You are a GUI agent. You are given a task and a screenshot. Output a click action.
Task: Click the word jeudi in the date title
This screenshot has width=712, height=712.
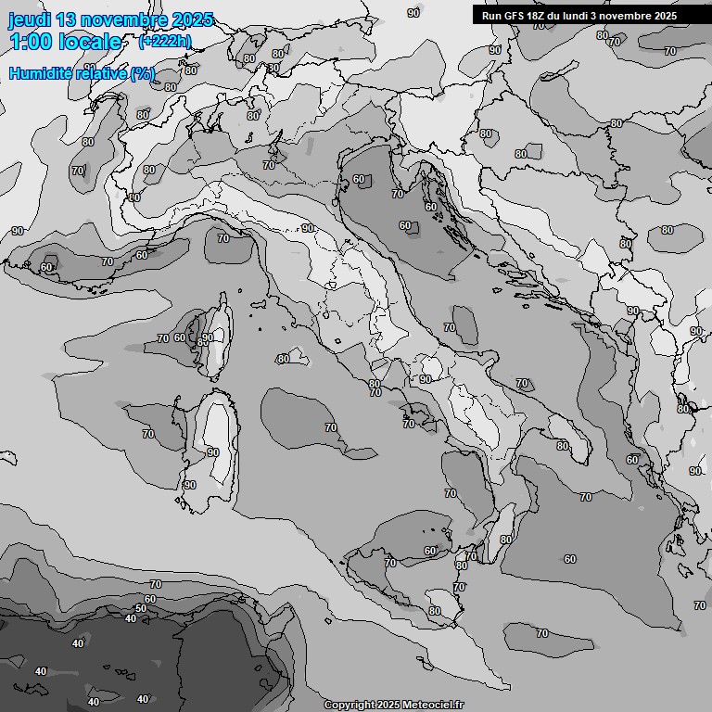29,19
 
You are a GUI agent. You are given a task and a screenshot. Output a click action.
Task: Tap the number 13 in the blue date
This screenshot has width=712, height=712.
66,19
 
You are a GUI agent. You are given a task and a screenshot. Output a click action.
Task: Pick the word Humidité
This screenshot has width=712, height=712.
42,73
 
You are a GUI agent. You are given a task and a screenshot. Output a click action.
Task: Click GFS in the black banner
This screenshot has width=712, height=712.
515,16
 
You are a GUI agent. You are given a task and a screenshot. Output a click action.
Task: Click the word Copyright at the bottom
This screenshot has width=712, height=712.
349,705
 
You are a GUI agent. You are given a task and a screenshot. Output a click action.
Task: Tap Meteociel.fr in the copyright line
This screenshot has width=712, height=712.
434,705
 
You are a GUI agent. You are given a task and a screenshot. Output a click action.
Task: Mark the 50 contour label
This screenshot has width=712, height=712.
140,609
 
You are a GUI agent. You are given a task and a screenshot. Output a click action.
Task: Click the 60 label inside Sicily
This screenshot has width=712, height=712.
430,552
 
